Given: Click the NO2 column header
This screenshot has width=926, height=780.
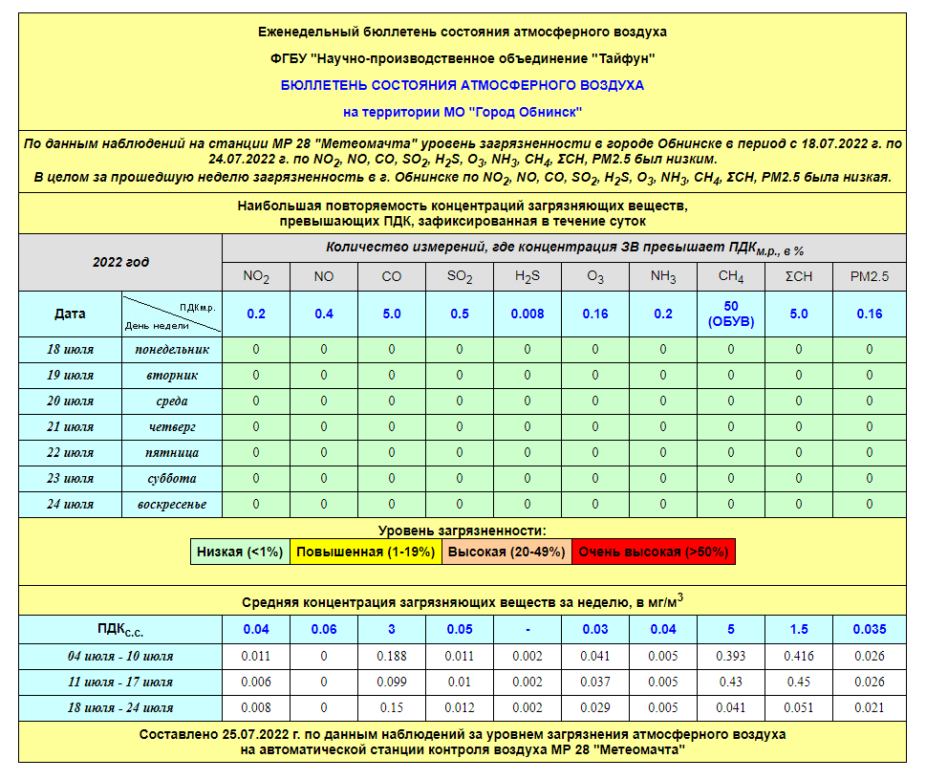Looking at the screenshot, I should click(x=255, y=277).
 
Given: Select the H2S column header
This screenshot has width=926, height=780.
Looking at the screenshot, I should click(x=528, y=277).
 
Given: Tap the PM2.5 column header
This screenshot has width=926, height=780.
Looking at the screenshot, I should click(x=869, y=277).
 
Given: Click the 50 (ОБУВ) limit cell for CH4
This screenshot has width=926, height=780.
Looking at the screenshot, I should click(x=731, y=314).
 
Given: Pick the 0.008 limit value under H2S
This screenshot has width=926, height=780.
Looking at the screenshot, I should click(x=528, y=314).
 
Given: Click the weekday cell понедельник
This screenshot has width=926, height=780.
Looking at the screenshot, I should click(x=171, y=350).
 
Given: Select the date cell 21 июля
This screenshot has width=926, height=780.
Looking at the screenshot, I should click(x=71, y=427).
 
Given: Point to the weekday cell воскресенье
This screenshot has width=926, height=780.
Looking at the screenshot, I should click(x=171, y=505).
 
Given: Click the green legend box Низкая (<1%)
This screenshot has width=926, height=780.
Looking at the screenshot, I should click(x=239, y=552).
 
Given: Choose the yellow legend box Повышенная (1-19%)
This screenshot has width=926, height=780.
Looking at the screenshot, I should click(x=365, y=552).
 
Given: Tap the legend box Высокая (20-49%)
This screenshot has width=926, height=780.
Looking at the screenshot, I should click(x=506, y=552).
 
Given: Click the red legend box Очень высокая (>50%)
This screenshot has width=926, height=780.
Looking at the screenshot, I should click(x=654, y=552).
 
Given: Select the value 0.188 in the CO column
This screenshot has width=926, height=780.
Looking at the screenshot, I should click(x=392, y=656).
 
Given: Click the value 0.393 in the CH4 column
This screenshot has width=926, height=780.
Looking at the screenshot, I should click(x=731, y=656).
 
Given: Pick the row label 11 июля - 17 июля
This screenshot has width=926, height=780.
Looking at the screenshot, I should click(x=120, y=682).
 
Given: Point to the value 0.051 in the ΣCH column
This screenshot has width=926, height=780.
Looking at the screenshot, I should click(x=800, y=707).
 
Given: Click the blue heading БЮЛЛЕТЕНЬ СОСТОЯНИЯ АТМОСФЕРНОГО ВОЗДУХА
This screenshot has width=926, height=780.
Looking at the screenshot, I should click(x=463, y=85).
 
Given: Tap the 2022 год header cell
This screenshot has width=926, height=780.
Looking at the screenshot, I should click(x=120, y=262).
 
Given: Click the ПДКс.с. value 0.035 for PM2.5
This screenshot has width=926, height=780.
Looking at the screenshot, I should click(x=869, y=629).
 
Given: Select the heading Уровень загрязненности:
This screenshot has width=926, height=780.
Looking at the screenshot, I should click(x=463, y=530).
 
